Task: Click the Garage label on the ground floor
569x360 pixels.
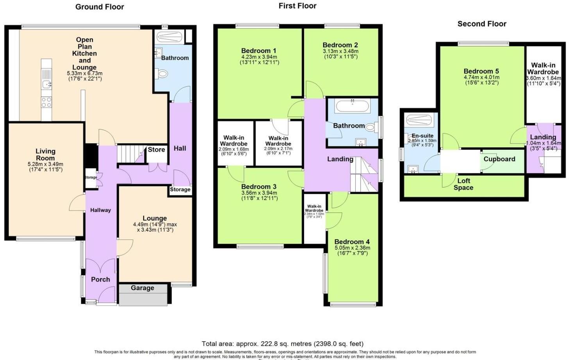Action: tap(142, 288)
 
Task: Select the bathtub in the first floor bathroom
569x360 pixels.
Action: tap(352, 106)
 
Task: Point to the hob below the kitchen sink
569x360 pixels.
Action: tap(46, 102)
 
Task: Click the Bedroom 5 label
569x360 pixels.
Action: tap(481, 71)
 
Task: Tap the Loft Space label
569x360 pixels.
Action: tap(463, 184)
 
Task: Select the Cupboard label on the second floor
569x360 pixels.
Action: tap(499, 159)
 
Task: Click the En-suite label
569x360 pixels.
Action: tap(422, 136)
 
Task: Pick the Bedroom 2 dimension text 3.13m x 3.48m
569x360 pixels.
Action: tap(340, 51)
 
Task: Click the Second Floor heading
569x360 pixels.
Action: tap(481, 24)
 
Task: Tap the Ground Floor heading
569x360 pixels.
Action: tap(100, 7)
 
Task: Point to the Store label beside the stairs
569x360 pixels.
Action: tap(156, 150)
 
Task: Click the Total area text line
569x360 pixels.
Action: tap(283, 344)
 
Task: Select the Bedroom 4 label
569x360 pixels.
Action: tap(352, 242)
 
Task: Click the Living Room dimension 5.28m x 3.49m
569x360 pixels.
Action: tap(45, 164)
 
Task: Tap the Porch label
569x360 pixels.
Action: tap(100, 279)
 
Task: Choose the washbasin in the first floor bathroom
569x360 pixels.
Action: tap(361, 142)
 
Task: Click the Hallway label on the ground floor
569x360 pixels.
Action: tap(100, 210)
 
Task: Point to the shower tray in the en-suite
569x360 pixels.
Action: tap(418, 119)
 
